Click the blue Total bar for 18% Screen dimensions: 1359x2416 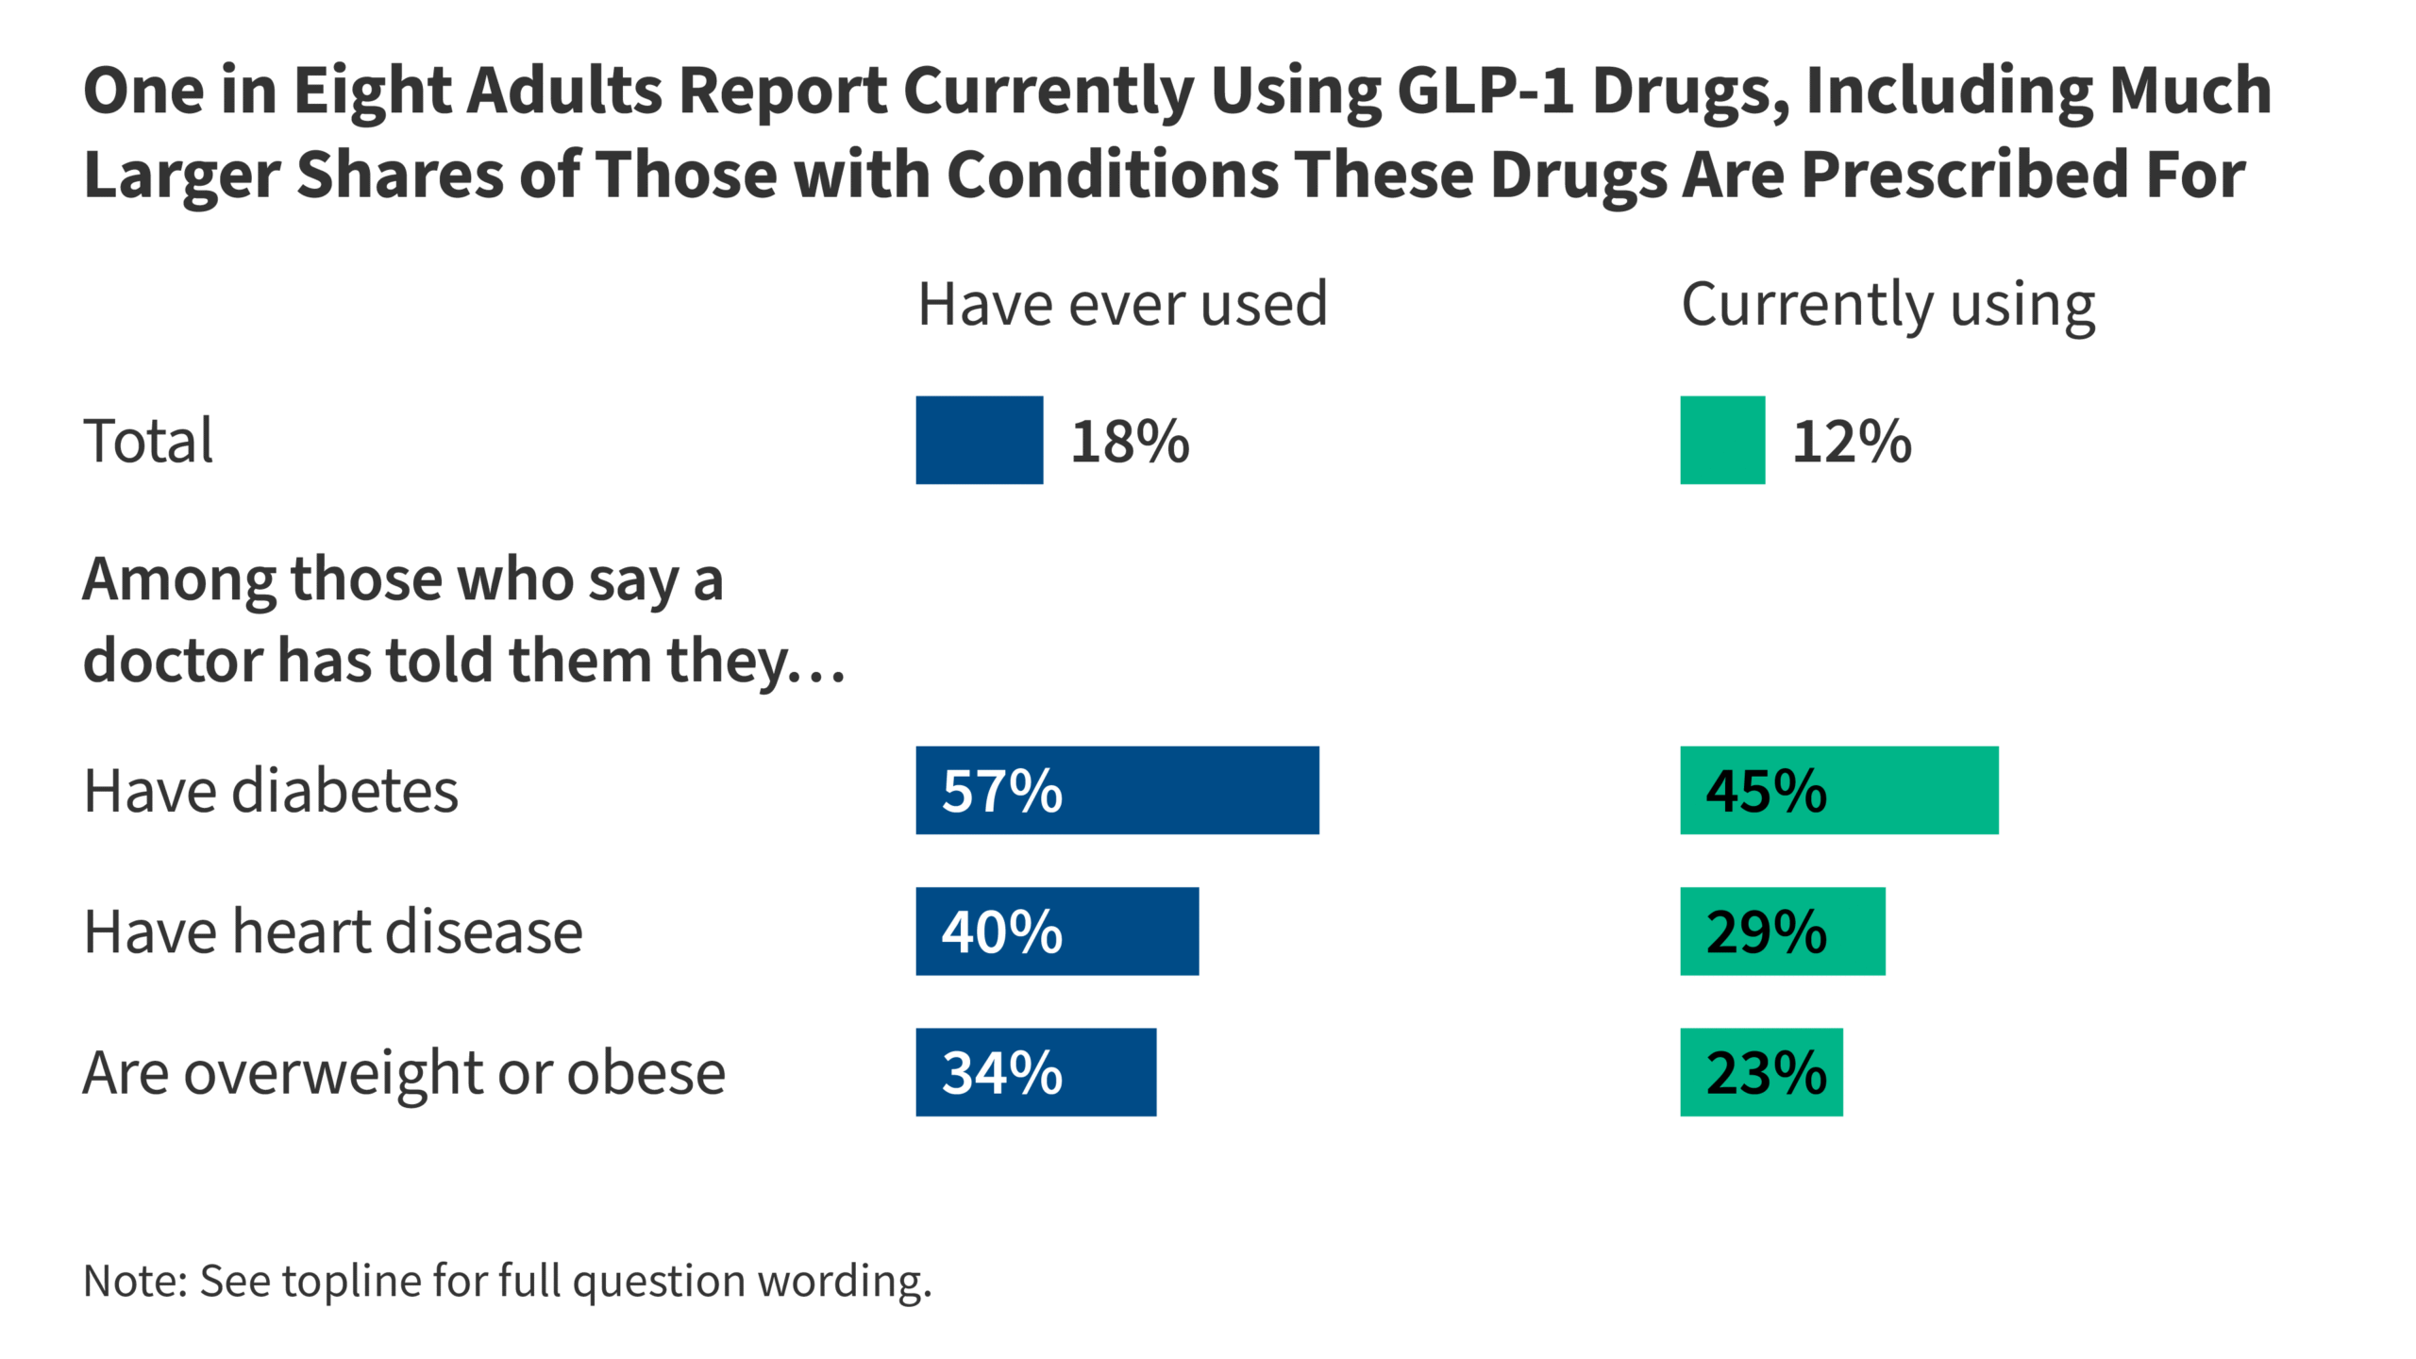tap(979, 440)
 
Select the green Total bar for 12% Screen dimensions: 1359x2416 tap(1721, 440)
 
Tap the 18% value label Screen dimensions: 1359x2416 tap(1130, 442)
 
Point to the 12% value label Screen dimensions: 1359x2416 tap(1851, 442)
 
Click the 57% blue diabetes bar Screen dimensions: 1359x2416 tap(1116, 790)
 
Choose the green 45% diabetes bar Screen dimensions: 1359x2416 tap(1838, 790)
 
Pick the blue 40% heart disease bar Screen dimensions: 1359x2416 tap(1057, 931)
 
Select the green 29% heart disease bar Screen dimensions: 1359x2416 tap(1782, 931)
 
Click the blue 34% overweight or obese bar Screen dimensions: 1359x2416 tap(1035, 1072)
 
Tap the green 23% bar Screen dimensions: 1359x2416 tap(1761, 1072)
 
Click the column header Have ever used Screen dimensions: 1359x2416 tap(1122, 304)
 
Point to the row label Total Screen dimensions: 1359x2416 tap(148, 441)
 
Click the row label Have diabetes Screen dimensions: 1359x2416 tap(271, 790)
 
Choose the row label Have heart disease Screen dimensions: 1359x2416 tap(333, 931)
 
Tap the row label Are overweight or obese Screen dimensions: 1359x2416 tap(404, 1073)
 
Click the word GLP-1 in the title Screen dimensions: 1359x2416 tap(1485, 91)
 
